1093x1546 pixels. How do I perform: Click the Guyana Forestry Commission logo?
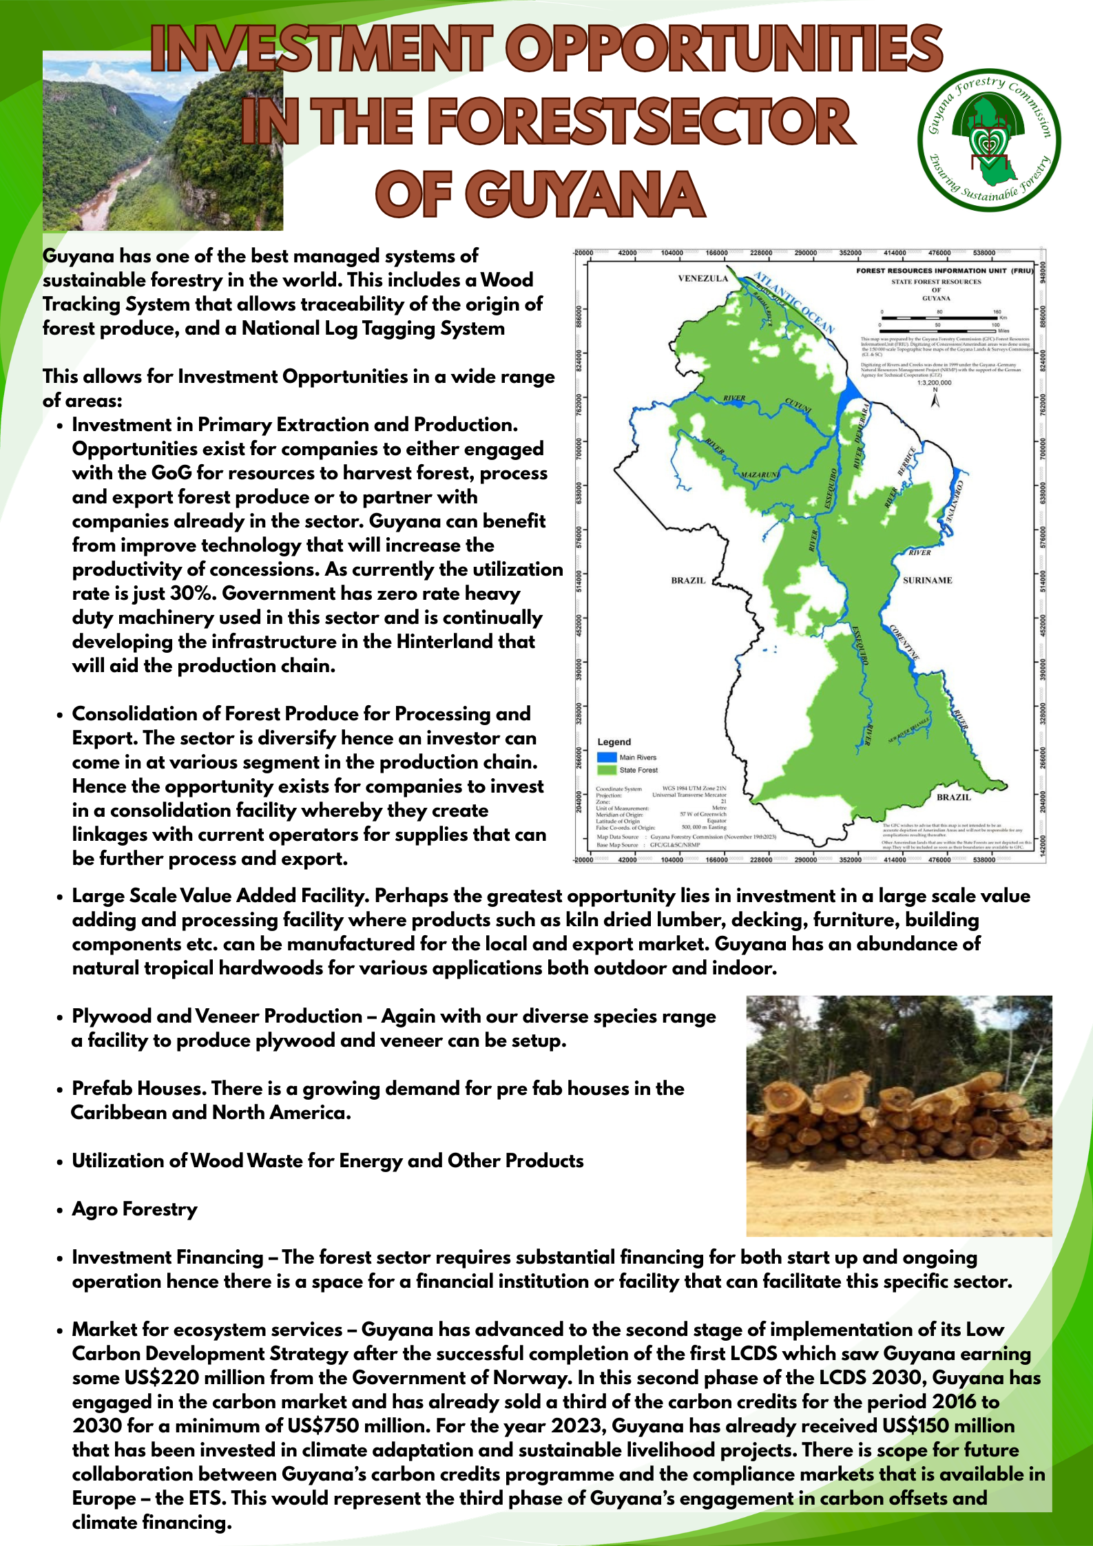pyautogui.click(x=989, y=140)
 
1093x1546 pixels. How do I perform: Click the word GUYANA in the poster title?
pyautogui.click(x=541, y=194)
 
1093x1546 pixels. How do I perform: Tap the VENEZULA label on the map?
pyautogui.click(x=702, y=279)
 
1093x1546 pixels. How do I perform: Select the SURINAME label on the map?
pyautogui.click(x=927, y=581)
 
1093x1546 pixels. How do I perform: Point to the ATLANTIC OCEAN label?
pyautogui.click(x=793, y=302)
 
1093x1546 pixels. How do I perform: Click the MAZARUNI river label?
pyautogui.click(x=760, y=475)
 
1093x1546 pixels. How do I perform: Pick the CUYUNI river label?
pyautogui.click(x=798, y=406)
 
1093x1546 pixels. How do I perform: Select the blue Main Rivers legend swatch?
pyautogui.click(x=606, y=757)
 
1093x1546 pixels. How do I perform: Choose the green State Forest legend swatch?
pyautogui.click(x=606, y=770)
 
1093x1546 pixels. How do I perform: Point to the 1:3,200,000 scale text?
pyautogui.click(x=935, y=383)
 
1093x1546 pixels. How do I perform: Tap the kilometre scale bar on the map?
pyautogui.click(x=939, y=318)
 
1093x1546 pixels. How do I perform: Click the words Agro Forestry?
pyautogui.click(x=135, y=1209)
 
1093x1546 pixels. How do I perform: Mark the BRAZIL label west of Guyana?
pyautogui.click(x=688, y=581)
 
